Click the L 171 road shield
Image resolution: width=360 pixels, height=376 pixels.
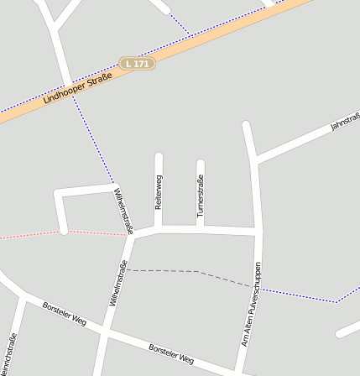point(137,64)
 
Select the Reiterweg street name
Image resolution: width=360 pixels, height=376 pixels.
point(159,191)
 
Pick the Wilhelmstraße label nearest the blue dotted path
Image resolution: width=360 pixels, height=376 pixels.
point(123,209)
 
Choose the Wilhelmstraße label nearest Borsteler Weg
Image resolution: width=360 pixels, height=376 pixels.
point(117,283)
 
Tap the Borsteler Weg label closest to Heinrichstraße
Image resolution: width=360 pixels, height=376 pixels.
point(65,314)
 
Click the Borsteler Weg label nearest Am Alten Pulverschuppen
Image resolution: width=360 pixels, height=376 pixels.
point(170,354)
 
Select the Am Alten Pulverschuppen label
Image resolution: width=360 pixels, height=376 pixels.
point(252,304)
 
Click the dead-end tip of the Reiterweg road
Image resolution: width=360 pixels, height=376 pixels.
point(159,156)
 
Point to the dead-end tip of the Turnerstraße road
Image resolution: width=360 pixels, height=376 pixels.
point(201,163)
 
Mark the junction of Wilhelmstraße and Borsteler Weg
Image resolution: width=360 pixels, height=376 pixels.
point(103,334)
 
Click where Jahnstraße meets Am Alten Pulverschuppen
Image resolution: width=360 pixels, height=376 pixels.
point(254,159)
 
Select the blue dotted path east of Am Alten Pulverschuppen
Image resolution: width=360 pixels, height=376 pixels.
point(302,295)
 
